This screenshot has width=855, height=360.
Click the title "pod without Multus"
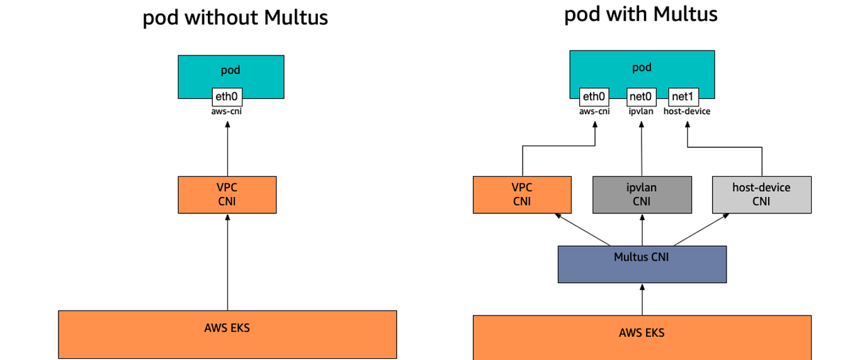click(235, 18)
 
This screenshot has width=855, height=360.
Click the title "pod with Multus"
click(640, 14)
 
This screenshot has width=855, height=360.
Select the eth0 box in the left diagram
click(227, 96)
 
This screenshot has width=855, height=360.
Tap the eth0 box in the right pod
click(594, 96)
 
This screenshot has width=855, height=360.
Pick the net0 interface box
click(642, 96)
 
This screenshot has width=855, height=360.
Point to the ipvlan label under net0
click(642, 111)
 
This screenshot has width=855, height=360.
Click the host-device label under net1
click(687, 111)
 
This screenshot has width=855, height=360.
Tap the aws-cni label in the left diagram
click(227, 111)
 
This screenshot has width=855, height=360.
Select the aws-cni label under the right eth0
click(594, 111)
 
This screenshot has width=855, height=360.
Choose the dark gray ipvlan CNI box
click(642, 194)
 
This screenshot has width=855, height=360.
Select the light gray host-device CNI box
click(761, 194)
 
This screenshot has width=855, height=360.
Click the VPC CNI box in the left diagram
click(227, 194)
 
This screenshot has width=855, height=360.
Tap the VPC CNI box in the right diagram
click(522, 194)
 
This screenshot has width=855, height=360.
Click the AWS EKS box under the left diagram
click(227, 334)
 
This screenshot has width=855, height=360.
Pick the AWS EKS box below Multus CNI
click(642, 337)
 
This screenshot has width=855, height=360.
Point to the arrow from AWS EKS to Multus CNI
click(642, 299)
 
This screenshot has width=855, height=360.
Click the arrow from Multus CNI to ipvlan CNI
click(642, 230)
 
